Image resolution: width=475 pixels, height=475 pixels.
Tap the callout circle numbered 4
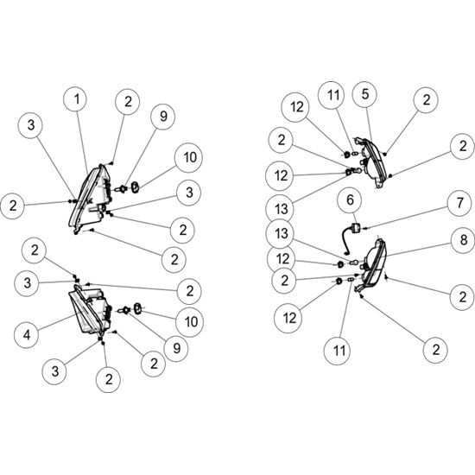coord(27,335)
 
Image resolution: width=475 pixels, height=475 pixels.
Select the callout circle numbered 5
coord(364,94)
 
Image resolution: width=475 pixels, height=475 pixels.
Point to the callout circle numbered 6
coord(350,200)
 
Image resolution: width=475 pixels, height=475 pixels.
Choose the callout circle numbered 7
coord(459,203)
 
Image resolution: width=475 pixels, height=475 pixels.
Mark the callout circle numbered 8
coord(464,240)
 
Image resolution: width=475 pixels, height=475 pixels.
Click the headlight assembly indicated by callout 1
coord(90,198)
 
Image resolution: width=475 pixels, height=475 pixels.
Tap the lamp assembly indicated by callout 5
coord(371,162)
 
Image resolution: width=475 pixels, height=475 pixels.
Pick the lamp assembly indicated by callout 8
coord(372,264)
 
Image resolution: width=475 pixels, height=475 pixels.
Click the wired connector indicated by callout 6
coord(350,237)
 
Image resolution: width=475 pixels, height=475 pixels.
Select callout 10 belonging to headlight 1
coord(190,157)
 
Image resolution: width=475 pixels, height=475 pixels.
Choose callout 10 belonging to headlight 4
coord(191,322)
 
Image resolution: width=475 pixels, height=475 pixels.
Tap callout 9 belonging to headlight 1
coord(163,117)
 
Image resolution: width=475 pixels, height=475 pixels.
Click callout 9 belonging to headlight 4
coord(176,349)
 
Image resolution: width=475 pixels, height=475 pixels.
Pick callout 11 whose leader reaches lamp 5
coord(332,95)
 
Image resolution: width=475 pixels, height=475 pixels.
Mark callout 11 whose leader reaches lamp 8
coord(339,351)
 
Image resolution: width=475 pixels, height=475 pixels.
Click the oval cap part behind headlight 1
coord(135,187)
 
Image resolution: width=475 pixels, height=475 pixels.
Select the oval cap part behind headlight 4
coord(138,308)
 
